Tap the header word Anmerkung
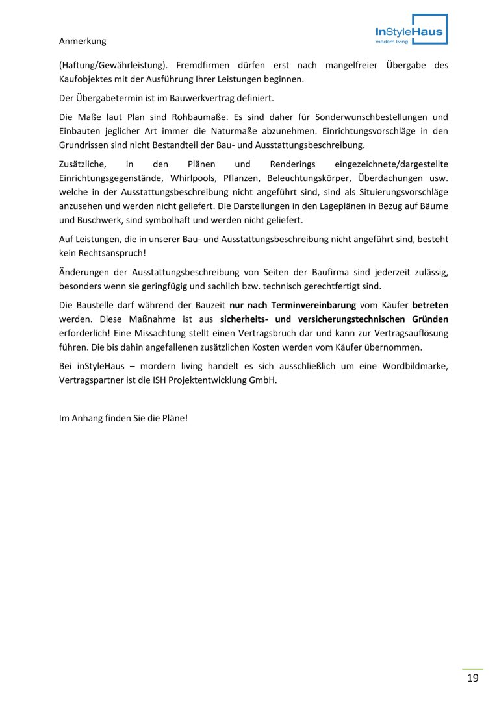tap(83, 41)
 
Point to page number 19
tap(472, 678)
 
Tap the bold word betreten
tap(430, 304)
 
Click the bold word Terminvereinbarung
tap(292, 304)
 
